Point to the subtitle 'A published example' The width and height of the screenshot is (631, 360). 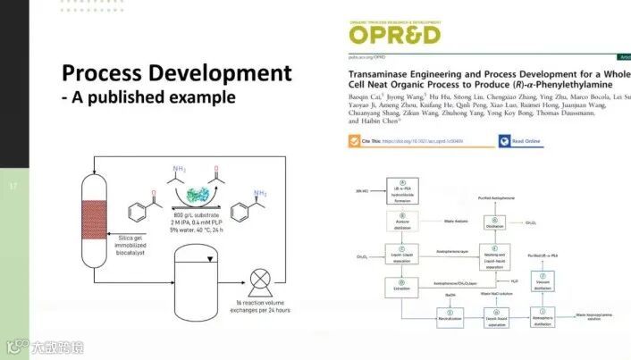pyautogui.click(x=153, y=96)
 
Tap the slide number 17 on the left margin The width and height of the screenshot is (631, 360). pyautogui.click(x=13, y=187)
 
